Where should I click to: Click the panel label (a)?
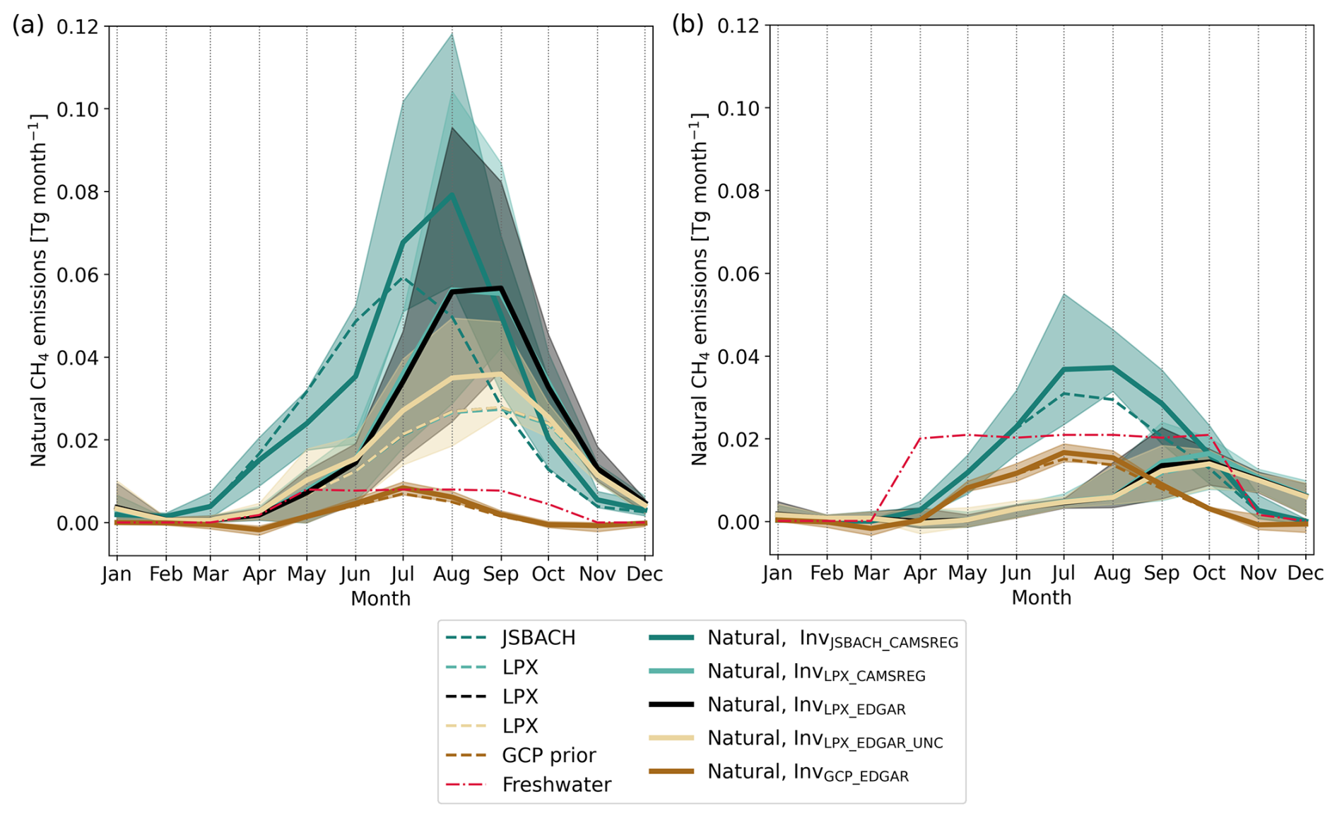28,25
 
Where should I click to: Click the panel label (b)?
688,25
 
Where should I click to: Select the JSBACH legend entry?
538,638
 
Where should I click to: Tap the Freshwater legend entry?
555,785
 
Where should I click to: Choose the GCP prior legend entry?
548,755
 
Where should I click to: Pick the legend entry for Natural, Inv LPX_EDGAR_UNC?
825,739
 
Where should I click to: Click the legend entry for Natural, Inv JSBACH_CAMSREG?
832,638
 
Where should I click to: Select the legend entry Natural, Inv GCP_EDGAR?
808,772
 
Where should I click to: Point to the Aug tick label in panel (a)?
452,574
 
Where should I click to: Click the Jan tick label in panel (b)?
777,573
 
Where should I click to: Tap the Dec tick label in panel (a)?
644,574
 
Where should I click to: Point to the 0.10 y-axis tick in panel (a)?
80,109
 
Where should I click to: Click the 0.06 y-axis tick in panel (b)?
740,274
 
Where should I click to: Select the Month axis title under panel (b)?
1041,598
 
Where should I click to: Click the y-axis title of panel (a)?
40,290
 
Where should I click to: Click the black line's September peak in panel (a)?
500,288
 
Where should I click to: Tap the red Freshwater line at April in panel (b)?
920,438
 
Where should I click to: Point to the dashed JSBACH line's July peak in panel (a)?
403,278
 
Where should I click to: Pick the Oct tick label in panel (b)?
1208,573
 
